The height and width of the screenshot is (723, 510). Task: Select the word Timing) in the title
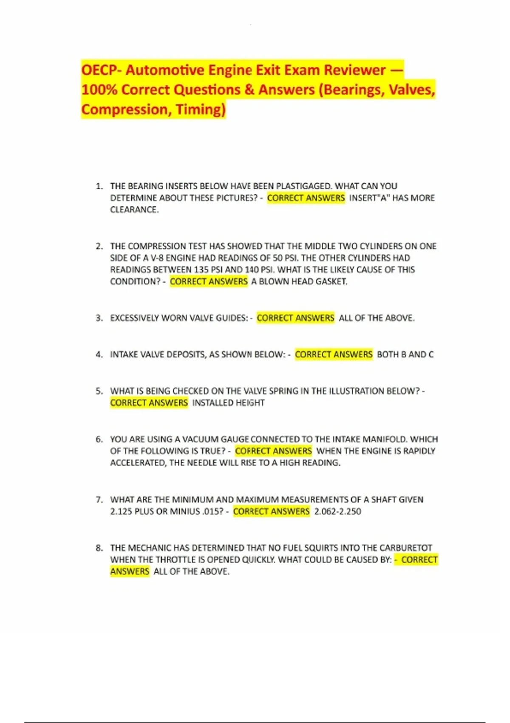pyautogui.click(x=201, y=109)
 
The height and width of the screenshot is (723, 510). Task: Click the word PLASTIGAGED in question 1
pyautogui.click(x=304, y=186)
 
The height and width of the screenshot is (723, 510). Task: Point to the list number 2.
pyautogui.click(x=99, y=246)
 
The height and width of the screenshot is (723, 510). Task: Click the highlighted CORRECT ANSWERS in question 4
pyautogui.click(x=334, y=354)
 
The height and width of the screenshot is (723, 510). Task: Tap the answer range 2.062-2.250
pyautogui.click(x=337, y=511)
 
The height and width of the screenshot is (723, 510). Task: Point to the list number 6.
pyautogui.click(x=99, y=439)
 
